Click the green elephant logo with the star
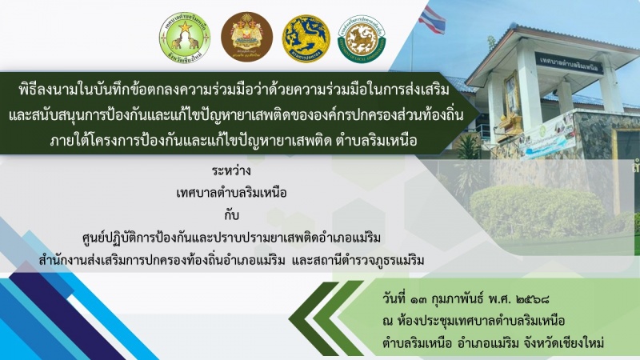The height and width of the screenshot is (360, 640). (x=185, y=37)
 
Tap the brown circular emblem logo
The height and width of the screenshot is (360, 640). (x=247, y=37)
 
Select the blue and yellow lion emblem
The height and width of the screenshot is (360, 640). (x=306, y=38)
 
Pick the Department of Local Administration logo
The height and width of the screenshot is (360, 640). (x=362, y=38)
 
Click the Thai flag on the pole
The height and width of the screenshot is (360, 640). (x=432, y=18)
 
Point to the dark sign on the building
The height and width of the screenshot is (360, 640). (x=569, y=62)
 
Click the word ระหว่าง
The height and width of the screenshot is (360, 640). (x=231, y=170)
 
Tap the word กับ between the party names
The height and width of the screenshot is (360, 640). (x=231, y=214)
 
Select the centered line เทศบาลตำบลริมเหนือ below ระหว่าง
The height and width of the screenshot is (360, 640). (x=231, y=192)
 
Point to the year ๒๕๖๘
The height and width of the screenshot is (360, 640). (x=532, y=299)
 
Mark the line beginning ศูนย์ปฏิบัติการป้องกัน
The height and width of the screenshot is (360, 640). (x=231, y=238)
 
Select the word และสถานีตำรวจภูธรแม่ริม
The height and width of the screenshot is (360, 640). (x=358, y=259)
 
